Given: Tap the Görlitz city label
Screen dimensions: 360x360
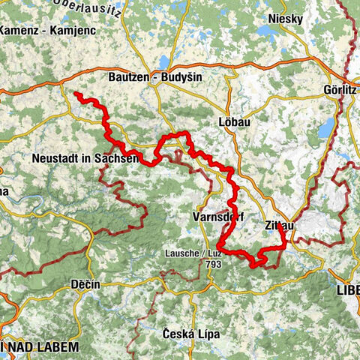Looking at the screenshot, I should coord(340,88).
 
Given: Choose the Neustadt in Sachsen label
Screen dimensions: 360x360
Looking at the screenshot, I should coord(85,158).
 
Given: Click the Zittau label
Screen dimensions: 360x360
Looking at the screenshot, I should coord(280,224).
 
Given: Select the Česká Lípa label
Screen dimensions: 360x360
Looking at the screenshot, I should coord(191,333).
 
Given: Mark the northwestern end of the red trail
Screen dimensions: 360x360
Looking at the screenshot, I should coord(76,94).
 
